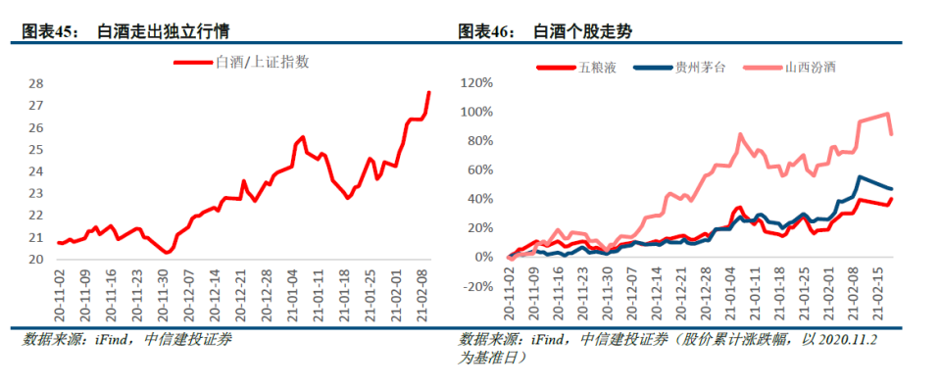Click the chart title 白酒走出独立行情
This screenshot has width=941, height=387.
pos(168,32)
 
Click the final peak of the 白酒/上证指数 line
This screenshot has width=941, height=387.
pos(428,92)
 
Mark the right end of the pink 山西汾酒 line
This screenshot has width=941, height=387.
pos(891,134)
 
